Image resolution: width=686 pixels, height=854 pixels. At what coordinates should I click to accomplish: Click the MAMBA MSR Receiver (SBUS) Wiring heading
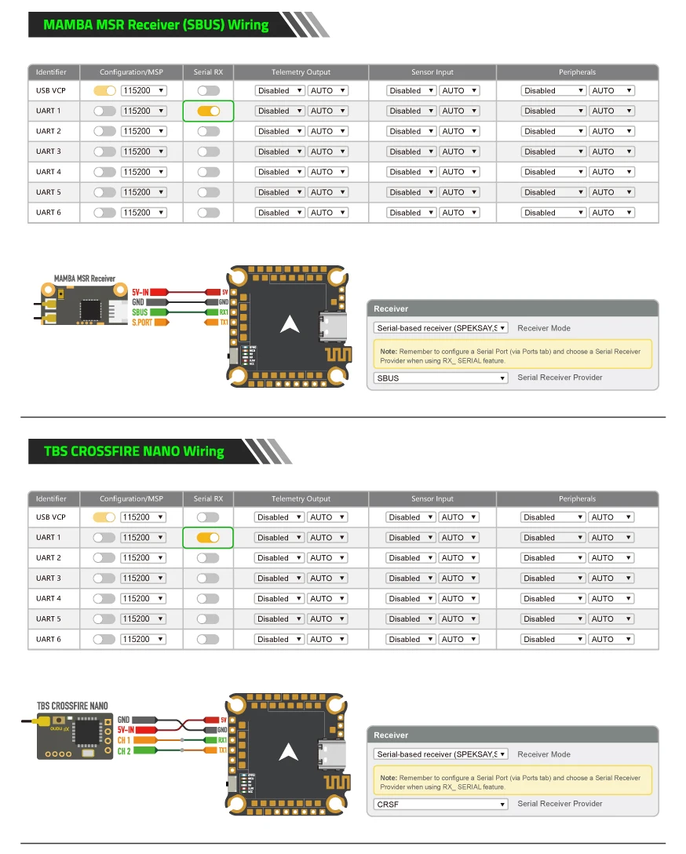click(155, 24)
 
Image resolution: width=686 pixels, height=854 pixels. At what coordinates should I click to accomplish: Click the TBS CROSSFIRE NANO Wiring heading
click(133, 451)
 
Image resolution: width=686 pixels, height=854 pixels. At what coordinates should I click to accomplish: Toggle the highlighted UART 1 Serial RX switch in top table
click(208, 111)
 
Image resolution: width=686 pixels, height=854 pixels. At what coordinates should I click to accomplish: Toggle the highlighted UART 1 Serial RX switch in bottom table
click(208, 538)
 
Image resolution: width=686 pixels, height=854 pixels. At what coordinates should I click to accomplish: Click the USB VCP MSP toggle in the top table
click(104, 91)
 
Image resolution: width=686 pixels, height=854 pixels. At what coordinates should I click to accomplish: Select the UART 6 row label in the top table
click(48, 213)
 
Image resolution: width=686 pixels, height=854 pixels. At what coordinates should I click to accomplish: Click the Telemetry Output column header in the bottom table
click(301, 498)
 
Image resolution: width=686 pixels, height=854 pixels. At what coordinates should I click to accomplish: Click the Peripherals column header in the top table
click(577, 72)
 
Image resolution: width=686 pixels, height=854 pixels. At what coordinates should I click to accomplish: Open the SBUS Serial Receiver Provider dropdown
click(441, 378)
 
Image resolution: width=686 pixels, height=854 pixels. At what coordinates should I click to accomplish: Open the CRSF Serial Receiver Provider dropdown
click(441, 805)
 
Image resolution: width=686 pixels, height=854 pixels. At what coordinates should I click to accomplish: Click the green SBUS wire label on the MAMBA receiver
click(140, 312)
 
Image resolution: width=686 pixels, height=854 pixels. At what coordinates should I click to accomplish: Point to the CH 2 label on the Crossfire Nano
click(124, 752)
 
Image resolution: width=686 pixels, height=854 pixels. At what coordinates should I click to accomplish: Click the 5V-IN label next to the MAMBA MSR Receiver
click(140, 291)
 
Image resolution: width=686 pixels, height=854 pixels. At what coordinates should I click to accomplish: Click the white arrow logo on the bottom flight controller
click(289, 750)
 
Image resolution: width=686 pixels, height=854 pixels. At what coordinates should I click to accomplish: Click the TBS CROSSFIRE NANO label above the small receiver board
click(72, 706)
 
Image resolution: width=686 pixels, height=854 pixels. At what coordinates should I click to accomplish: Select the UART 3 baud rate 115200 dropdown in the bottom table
click(144, 578)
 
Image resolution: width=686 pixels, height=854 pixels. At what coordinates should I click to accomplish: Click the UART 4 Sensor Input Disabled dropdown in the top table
click(411, 172)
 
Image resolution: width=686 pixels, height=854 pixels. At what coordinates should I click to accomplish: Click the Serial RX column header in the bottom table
click(208, 498)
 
